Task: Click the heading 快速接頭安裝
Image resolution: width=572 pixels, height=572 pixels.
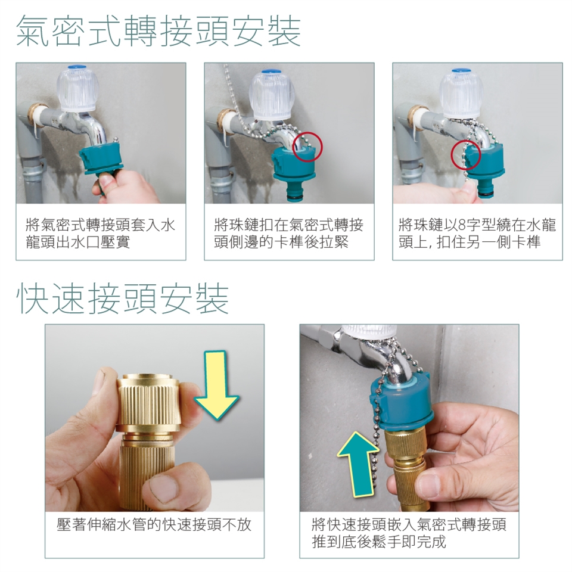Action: tap(123, 299)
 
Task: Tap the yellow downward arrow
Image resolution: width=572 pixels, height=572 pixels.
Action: tap(217, 385)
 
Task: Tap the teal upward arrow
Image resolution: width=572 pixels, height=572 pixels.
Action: tap(356, 464)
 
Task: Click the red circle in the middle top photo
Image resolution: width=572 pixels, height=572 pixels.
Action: tap(308, 147)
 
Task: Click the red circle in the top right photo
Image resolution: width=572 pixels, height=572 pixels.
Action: tap(466, 155)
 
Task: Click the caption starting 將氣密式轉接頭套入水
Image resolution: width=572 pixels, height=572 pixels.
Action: tap(100, 234)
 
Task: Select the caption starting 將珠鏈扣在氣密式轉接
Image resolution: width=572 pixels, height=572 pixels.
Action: tap(288, 234)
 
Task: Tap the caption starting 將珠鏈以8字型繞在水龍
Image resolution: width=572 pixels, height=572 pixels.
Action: tap(477, 234)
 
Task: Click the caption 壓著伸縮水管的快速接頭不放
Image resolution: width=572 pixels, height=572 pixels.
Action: tap(154, 524)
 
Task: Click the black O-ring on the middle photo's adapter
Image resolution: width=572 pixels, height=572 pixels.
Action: tap(294, 198)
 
